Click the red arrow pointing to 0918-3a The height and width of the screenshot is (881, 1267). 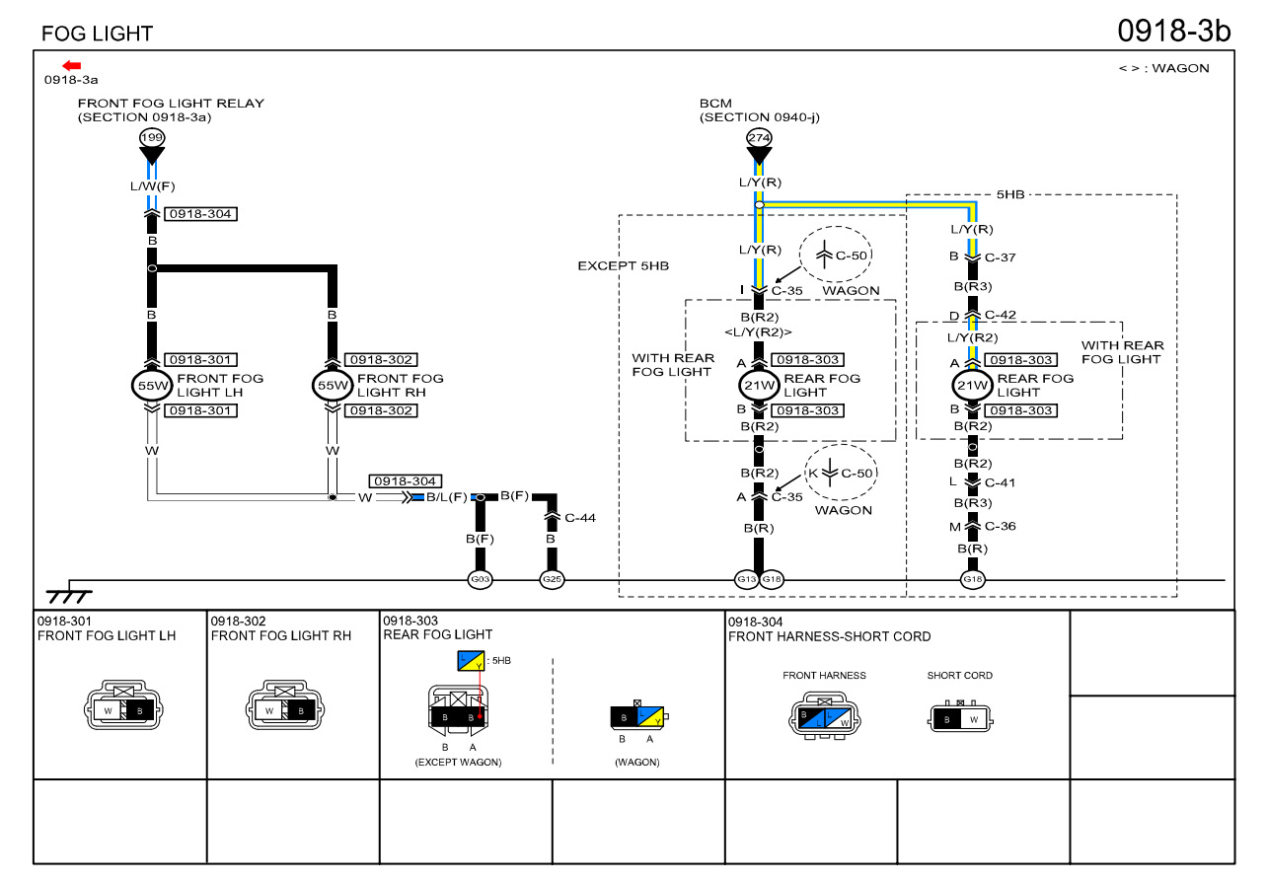click(72, 65)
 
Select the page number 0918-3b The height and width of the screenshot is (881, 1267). click(1173, 31)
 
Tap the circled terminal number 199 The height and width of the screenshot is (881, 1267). click(151, 138)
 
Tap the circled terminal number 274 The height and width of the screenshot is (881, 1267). click(759, 138)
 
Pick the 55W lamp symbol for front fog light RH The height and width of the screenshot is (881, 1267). click(333, 385)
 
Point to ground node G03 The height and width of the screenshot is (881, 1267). click(480, 579)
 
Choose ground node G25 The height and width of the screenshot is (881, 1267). click(552, 579)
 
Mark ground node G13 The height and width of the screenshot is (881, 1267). click(747, 579)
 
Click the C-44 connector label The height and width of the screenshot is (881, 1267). click(580, 517)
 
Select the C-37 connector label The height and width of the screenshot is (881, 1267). click(1000, 257)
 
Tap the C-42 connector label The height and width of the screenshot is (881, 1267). click(1000, 316)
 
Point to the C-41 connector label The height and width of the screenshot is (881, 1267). click(1000, 482)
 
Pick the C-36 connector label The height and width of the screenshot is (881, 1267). click(1000, 526)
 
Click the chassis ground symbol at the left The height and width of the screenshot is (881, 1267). click(69, 595)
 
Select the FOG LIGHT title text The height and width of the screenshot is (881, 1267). click(97, 34)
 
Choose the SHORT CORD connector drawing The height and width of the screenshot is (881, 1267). click(959, 718)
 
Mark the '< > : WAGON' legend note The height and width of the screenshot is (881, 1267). click(1163, 68)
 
